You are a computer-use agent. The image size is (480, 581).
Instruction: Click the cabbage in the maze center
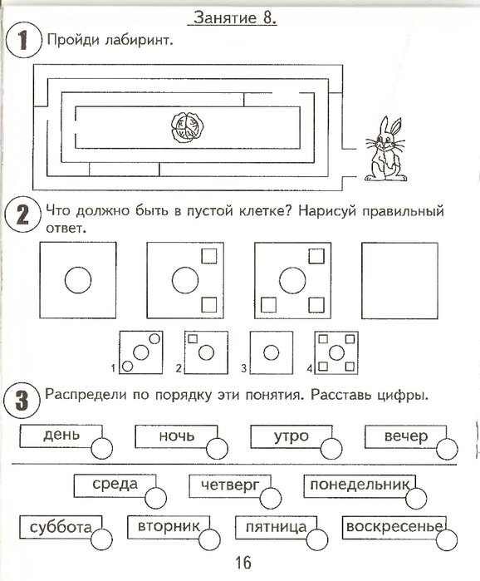pos(187,127)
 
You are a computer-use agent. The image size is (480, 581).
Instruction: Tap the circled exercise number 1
pos(23,40)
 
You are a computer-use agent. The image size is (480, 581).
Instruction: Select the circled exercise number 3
pos(22,401)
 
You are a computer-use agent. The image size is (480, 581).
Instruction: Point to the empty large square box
pos(399,280)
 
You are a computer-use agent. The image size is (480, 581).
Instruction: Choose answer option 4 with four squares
pos(336,352)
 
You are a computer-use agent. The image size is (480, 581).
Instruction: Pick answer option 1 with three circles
pos(140,352)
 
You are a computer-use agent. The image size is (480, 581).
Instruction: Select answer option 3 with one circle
pos(272,352)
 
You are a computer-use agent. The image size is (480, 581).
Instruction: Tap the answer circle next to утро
pos(331,449)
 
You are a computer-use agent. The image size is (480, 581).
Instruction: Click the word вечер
pos(406,436)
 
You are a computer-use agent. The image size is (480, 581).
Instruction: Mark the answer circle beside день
pos(102,448)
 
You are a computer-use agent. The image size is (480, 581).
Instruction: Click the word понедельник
pos(360,485)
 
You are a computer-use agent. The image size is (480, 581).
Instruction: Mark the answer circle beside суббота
pos(101,539)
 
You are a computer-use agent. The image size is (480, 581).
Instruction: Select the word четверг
pos(230,485)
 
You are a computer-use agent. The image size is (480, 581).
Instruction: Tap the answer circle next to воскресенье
pos(447,539)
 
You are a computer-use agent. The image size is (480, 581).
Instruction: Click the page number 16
pos(243,564)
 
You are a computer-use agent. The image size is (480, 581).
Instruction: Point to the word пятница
pos(276,527)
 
